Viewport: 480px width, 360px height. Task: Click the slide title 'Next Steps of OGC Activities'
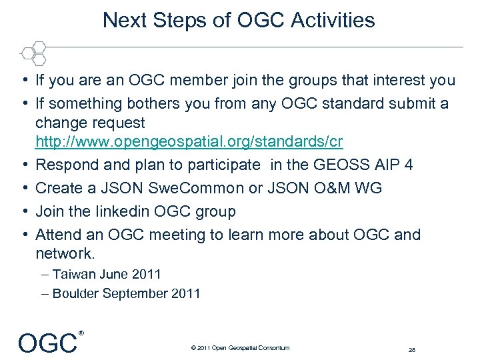(239, 20)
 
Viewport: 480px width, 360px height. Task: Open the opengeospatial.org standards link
(189, 143)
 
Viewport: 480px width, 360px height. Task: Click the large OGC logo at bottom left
(48, 343)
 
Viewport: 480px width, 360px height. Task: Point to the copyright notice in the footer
(240, 348)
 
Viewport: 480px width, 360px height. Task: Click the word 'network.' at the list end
(65, 254)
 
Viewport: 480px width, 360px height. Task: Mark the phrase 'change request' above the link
(90, 123)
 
